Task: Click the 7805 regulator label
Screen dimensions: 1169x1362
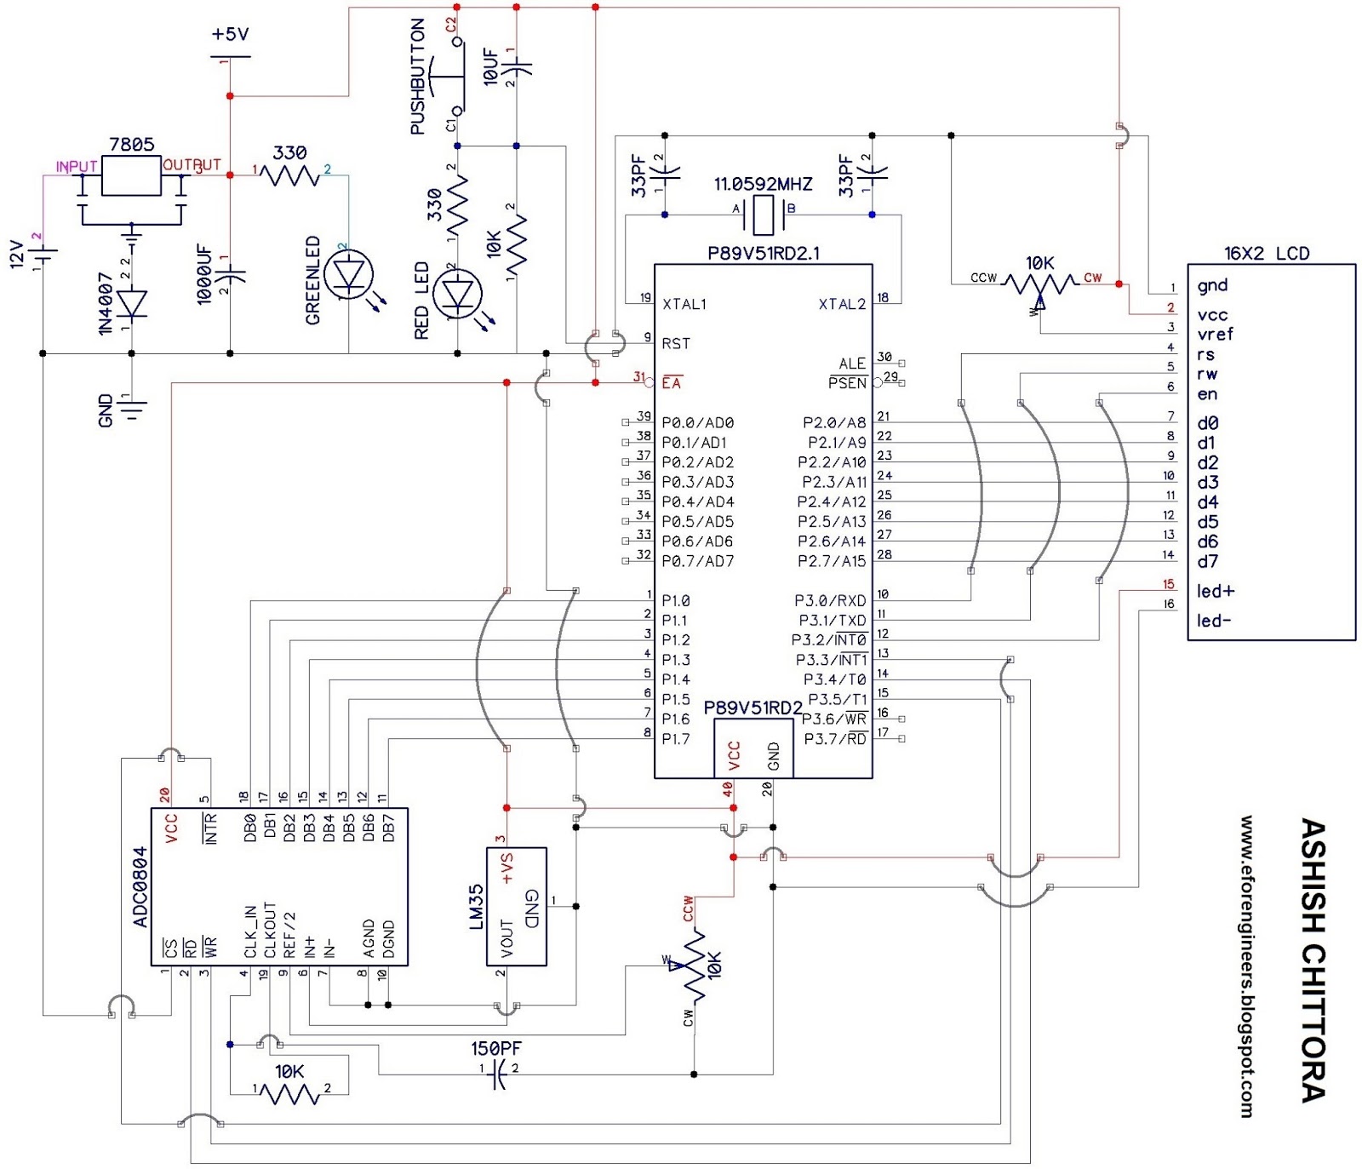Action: pos(132,145)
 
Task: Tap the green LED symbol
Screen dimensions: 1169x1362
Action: pos(349,275)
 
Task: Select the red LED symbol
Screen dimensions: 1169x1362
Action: pos(458,294)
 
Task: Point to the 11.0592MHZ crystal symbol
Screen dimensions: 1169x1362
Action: pos(764,215)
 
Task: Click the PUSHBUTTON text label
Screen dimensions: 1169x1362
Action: pos(418,77)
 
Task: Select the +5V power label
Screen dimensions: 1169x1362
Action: pos(230,34)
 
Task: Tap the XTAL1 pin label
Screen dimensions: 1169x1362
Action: pos(684,304)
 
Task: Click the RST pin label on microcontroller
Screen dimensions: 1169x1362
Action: pos(676,343)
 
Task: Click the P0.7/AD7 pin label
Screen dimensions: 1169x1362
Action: pos(697,561)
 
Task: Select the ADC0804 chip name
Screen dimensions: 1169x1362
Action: pos(140,886)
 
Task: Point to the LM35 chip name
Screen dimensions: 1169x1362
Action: pos(476,907)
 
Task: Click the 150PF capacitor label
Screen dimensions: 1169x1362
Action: pos(496,1048)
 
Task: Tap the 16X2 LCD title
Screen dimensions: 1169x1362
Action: pos(1266,253)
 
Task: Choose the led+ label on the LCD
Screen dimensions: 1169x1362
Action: pos(1215,591)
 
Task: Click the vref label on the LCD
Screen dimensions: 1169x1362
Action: pos(1215,335)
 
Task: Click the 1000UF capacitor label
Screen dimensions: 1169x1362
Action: pos(204,274)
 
